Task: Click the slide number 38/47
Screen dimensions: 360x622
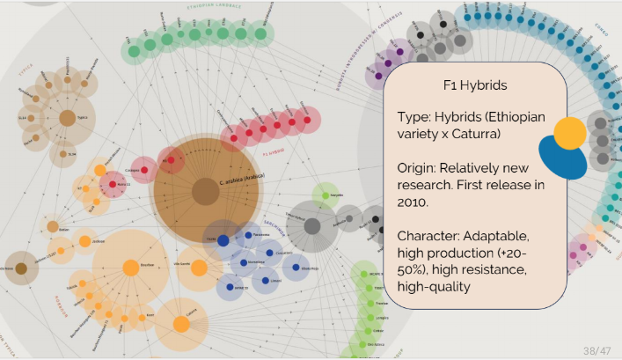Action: pyautogui.click(x=596, y=350)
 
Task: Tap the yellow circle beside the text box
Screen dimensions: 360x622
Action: pyautogui.click(x=569, y=133)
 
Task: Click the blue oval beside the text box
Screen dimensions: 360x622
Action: pyautogui.click(x=562, y=159)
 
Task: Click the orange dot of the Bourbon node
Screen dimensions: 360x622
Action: pyautogui.click(x=130, y=268)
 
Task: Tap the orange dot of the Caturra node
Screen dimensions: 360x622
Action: pyautogui.click(x=181, y=325)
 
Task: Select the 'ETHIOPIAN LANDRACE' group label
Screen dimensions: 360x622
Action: pyautogui.click(x=215, y=8)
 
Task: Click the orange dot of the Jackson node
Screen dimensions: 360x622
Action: pyautogui.click(x=85, y=240)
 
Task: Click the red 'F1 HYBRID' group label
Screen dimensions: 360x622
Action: pyautogui.click(x=274, y=151)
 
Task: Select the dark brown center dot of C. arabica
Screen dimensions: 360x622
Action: pyautogui.click(x=205, y=191)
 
